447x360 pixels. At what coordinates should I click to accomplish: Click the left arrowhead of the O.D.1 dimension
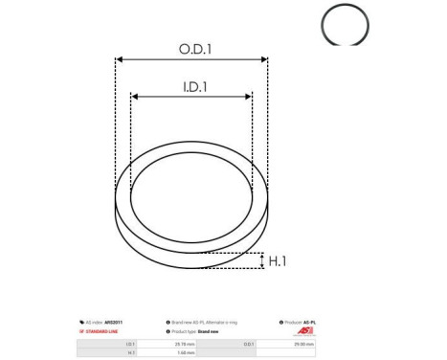pos(120,59)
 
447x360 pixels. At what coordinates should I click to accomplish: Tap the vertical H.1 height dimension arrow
pos(260,260)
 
